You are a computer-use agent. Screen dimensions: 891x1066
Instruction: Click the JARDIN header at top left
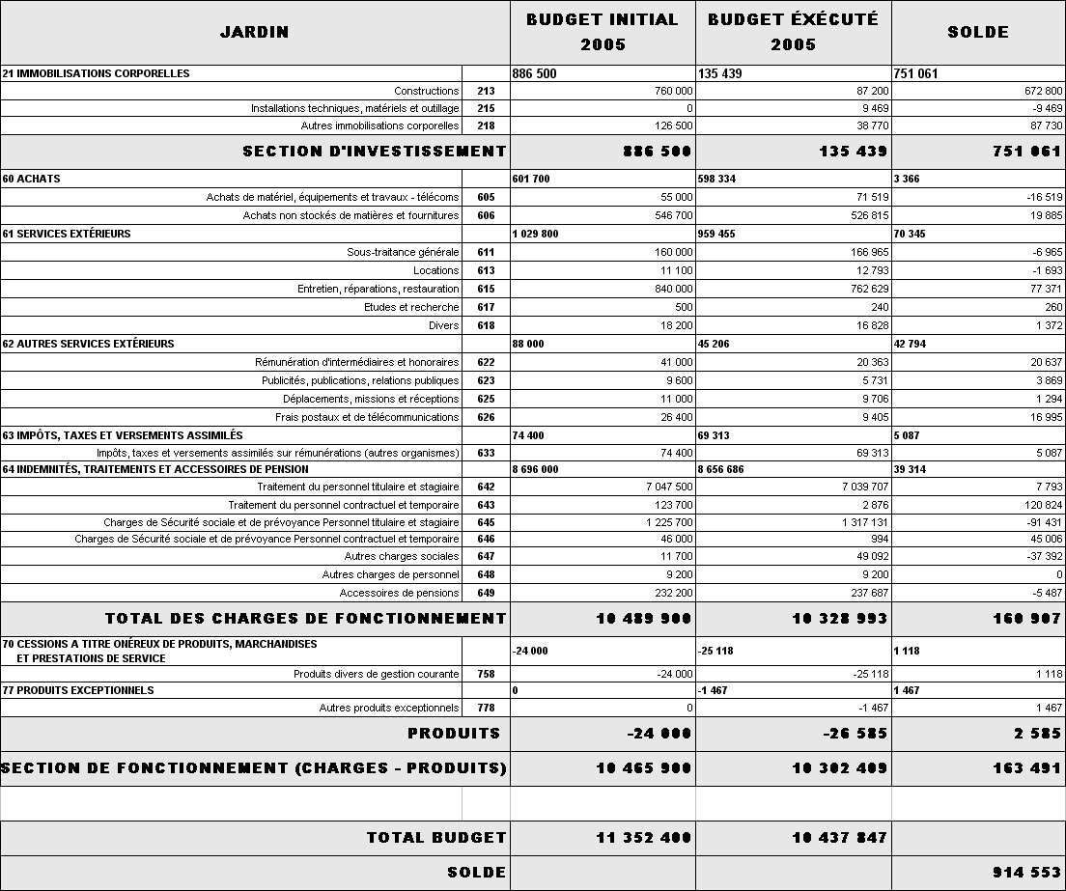tap(254, 32)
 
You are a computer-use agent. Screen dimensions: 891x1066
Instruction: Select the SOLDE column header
tap(977, 32)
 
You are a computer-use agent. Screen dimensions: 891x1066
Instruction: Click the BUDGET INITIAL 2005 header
tap(603, 32)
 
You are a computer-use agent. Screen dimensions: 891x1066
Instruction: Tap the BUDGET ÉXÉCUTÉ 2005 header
tap(793, 32)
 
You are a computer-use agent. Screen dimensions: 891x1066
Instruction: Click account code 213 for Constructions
tap(486, 91)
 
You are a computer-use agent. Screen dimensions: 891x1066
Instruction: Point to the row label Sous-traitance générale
tap(403, 252)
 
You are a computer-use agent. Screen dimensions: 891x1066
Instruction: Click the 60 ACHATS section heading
tap(32, 179)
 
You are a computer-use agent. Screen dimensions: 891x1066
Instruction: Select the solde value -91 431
tap(1039, 522)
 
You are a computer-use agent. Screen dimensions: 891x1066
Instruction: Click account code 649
tap(486, 593)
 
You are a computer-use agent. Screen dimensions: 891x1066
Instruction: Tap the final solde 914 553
tap(1026, 873)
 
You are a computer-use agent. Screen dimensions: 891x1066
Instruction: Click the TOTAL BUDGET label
tap(435, 838)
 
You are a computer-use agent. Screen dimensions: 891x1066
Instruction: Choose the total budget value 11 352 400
tap(644, 838)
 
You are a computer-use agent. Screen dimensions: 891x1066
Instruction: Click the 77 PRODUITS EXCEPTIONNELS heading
tap(78, 690)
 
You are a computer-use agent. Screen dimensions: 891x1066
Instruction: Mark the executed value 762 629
tap(863, 289)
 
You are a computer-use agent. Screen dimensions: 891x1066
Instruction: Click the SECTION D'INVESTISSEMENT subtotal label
tap(374, 152)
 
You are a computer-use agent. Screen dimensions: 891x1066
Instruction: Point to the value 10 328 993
tap(839, 619)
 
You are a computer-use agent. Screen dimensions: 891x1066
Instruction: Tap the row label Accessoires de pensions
tap(399, 593)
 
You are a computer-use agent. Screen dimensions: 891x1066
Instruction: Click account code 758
tap(486, 674)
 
